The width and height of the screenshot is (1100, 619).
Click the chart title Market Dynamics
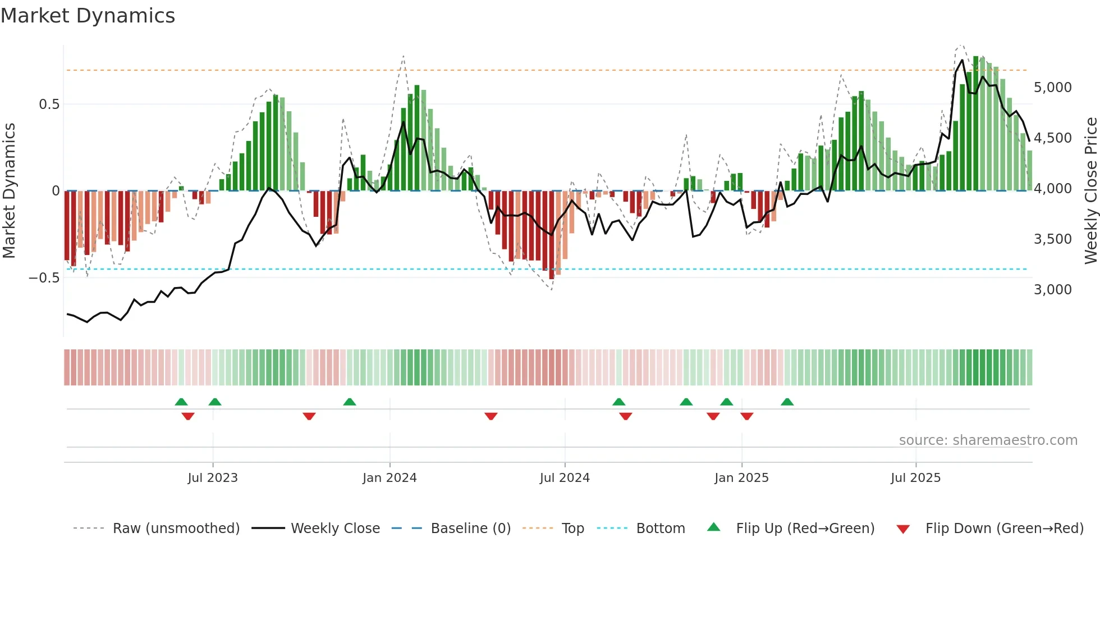(x=88, y=16)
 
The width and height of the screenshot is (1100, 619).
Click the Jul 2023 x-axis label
(x=213, y=478)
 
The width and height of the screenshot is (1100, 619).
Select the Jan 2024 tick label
(x=389, y=478)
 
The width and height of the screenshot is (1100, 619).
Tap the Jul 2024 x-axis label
(x=565, y=478)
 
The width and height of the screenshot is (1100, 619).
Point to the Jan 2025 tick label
(x=741, y=478)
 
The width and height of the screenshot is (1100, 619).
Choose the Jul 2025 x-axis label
(x=915, y=478)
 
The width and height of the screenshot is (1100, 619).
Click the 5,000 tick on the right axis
(x=1052, y=88)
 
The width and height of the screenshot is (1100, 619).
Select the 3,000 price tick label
(x=1052, y=290)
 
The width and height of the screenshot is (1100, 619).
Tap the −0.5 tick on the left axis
(x=44, y=278)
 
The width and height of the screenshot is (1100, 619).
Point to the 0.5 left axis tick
(x=49, y=104)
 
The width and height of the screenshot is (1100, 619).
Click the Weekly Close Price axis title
(x=1090, y=191)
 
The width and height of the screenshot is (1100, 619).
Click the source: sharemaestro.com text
(x=988, y=440)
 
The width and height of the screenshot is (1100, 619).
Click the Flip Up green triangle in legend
(x=713, y=527)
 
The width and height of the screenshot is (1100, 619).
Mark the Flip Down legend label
(x=1004, y=529)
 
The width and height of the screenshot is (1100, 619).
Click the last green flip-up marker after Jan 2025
(x=787, y=402)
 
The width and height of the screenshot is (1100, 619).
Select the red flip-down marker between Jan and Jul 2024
(x=491, y=416)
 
